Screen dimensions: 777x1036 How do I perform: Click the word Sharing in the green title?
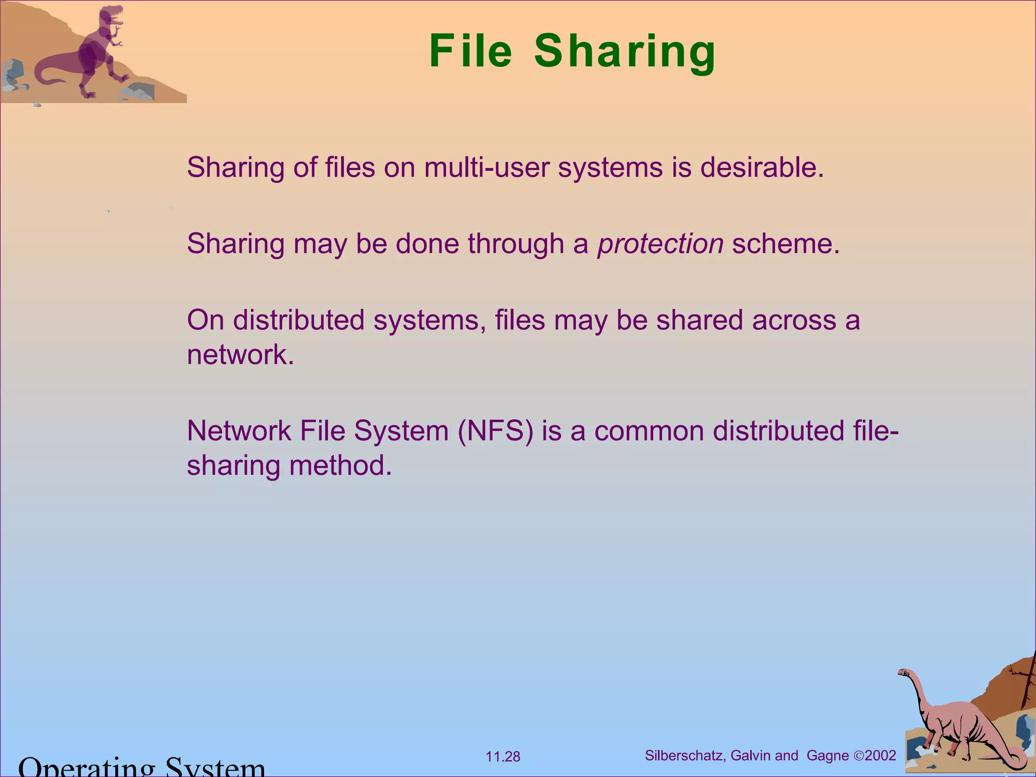click(625, 53)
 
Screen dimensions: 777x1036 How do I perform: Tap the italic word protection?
click(660, 244)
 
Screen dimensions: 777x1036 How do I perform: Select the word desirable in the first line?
click(762, 167)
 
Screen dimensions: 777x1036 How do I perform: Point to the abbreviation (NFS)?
click(495, 431)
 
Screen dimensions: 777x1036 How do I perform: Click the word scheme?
click(786, 244)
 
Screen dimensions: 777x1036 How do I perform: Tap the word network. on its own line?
click(240, 355)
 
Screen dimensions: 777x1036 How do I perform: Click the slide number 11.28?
click(503, 757)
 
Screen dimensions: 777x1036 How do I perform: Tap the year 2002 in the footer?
click(881, 756)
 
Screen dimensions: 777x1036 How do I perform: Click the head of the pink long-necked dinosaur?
click(903, 673)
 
